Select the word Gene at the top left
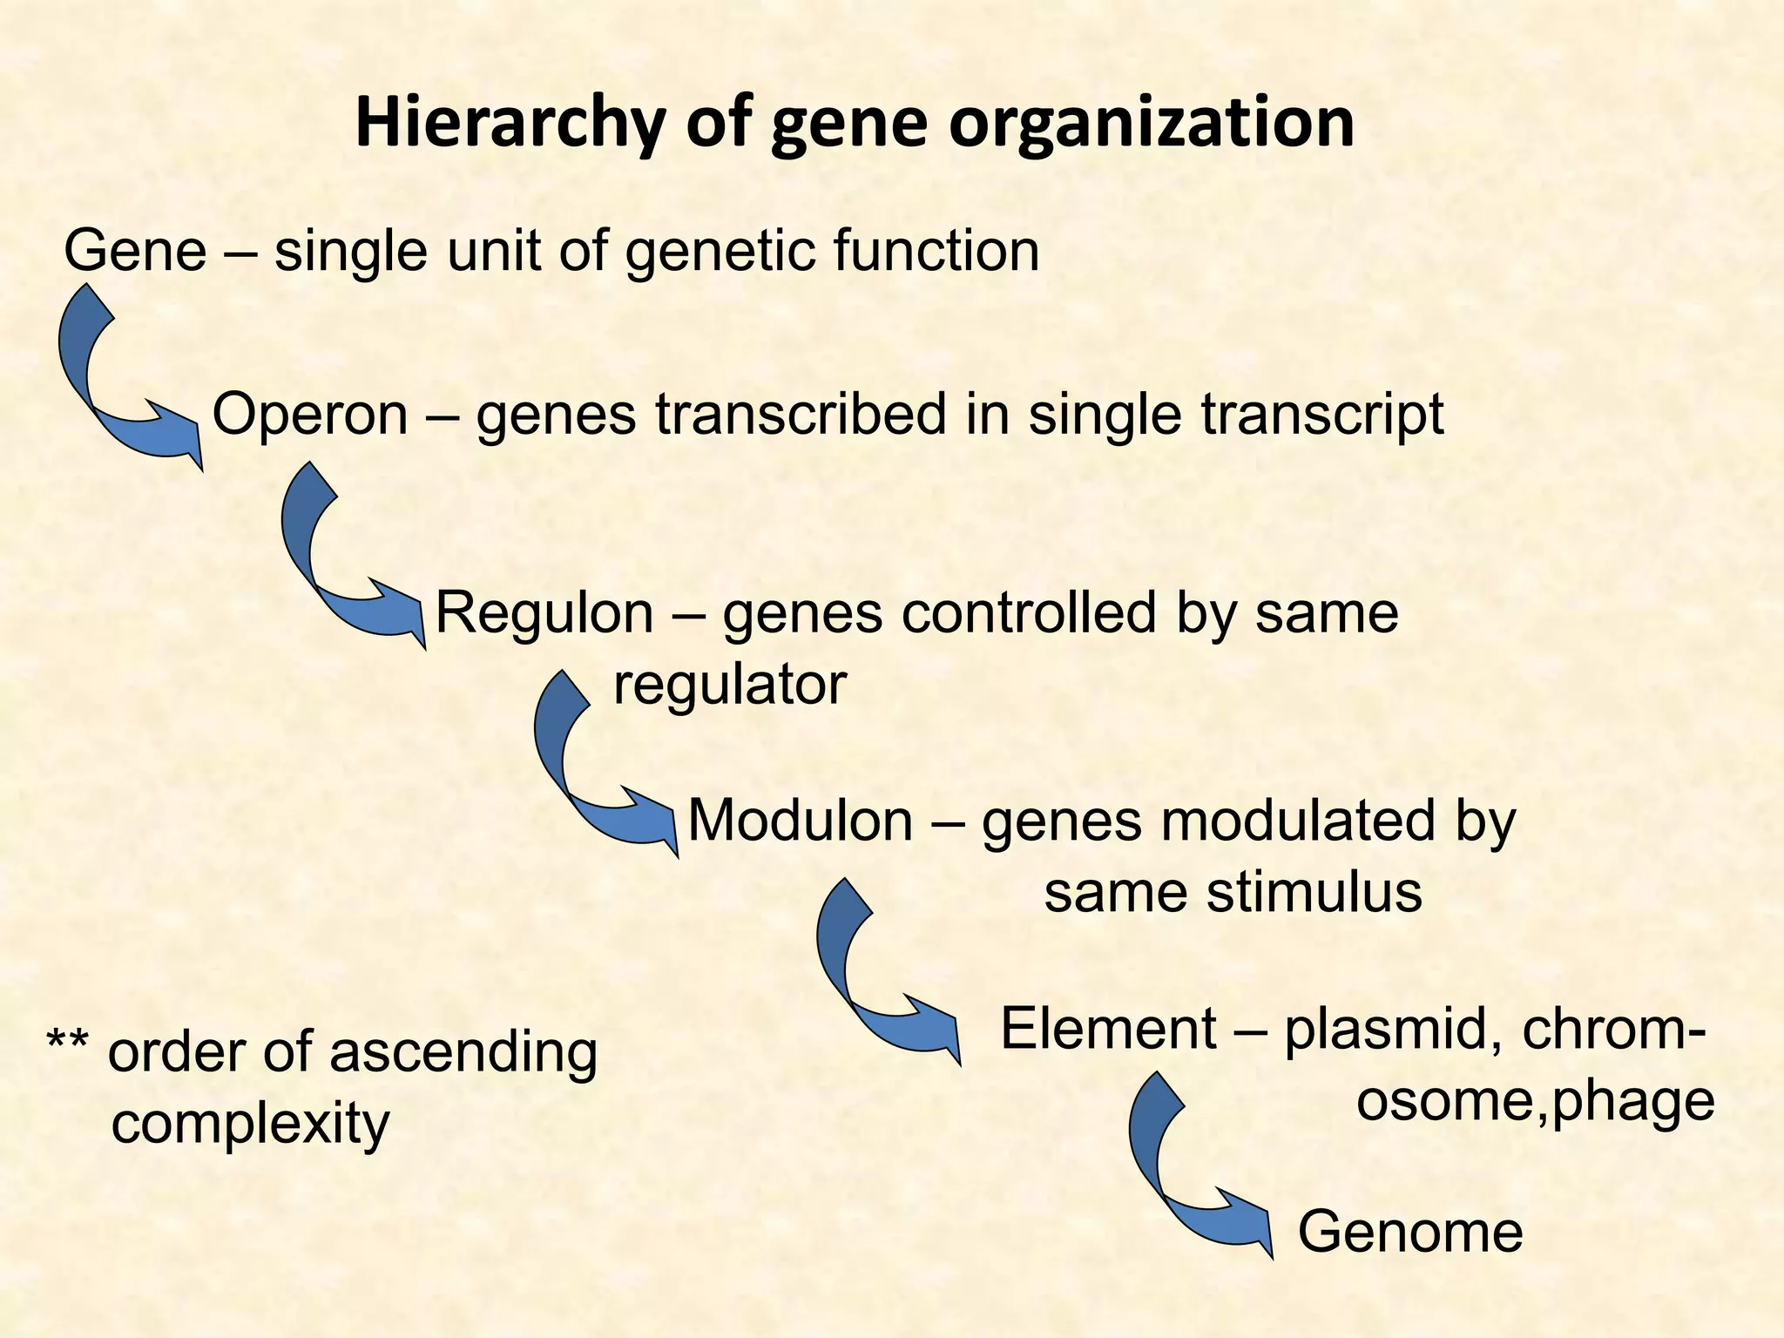135,251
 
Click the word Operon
310,414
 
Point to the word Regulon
544,612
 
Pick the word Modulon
800,821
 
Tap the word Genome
1409,1232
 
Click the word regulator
730,685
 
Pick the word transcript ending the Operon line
1322,414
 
